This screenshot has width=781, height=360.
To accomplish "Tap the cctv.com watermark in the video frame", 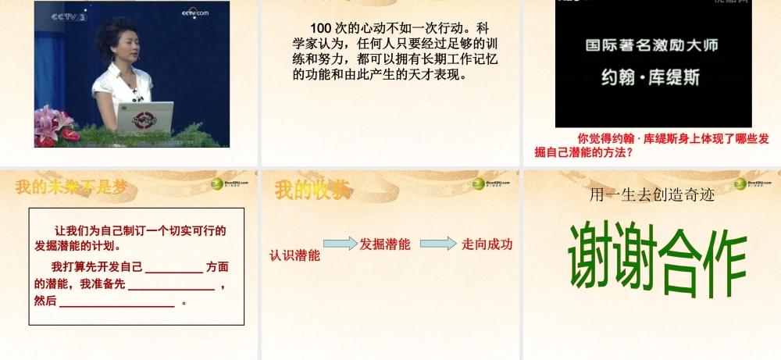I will point(195,12).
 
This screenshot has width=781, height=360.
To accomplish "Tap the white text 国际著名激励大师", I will point(652,45).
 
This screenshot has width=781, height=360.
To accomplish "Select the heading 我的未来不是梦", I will point(71,187).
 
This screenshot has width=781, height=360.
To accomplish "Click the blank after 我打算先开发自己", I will point(173,268).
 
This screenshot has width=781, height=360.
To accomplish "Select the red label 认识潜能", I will point(295,255).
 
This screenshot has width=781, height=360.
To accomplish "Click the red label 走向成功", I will point(487,244).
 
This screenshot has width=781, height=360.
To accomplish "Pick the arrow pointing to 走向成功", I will point(439,244).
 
